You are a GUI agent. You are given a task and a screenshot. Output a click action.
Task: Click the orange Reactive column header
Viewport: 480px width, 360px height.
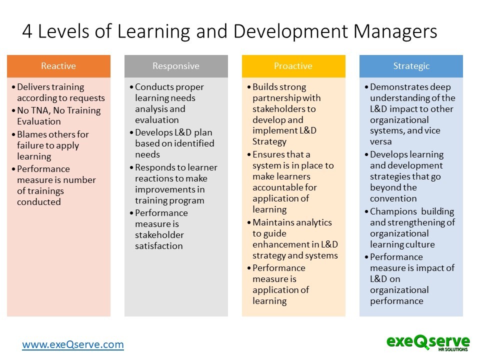coord(58,66)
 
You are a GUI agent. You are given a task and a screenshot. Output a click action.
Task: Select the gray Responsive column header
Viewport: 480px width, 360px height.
coord(176,66)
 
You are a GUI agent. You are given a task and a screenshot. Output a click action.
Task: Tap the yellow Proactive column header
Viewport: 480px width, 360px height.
coord(293,66)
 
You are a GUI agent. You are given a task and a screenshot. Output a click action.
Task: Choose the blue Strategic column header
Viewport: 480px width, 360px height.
coord(411,66)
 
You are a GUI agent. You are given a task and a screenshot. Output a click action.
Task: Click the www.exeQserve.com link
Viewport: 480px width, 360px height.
coord(72,344)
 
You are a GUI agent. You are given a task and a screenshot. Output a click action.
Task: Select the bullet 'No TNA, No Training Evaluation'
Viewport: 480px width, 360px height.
coord(58,116)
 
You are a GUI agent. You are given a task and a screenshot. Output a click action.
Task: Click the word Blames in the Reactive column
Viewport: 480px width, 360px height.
coord(33,134)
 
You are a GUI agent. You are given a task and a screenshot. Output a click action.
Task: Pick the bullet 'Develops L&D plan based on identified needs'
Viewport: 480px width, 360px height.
coord(174,143)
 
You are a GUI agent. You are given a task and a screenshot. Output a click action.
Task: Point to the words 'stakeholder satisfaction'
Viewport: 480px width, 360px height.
coord(159,240)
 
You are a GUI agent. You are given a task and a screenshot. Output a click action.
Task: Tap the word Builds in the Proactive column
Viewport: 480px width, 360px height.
coord(265,87)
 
